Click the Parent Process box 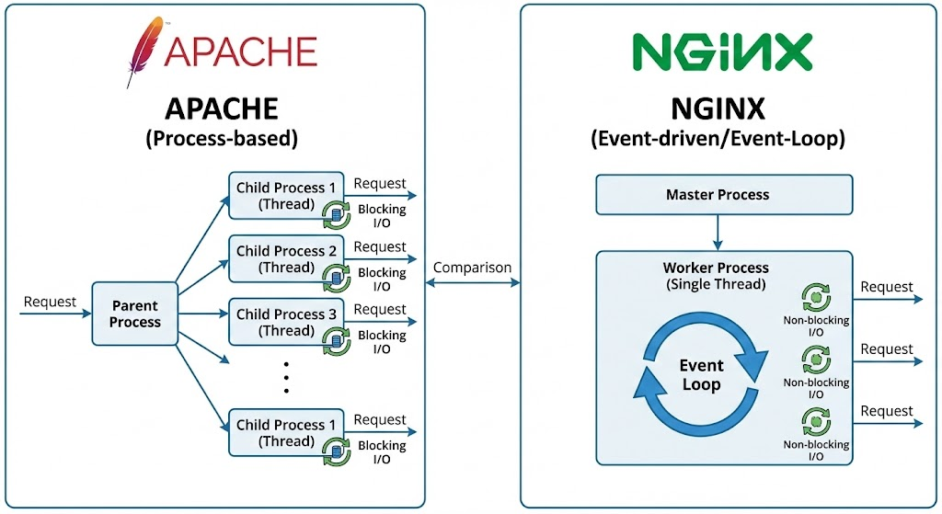pos(134,314)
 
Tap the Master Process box pos(717,195)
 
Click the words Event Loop pos(701,374)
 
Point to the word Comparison pos(472,268)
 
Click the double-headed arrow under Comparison pos(472,282)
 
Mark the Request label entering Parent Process pos(50,302)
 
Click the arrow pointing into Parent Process pos(55,314)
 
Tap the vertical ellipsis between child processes pos(286,375)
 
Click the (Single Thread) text pos(716,284)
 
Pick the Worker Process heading pos(716,268)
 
